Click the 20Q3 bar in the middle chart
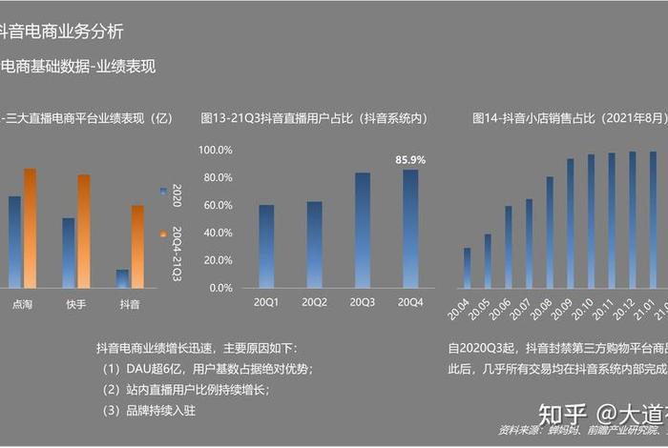(363, 230)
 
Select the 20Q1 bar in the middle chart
(266, 246)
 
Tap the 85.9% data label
(410, 160)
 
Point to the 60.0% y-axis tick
(215, 205)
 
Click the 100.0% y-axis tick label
(215, 151)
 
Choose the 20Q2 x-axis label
(314, 303)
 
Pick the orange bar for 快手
(84, 231)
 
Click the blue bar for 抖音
(122, 277)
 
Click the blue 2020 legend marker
(163, 192)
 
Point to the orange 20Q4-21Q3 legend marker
(163, 234)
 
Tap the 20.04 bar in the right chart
(467, 268)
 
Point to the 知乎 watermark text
(562, 415)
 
